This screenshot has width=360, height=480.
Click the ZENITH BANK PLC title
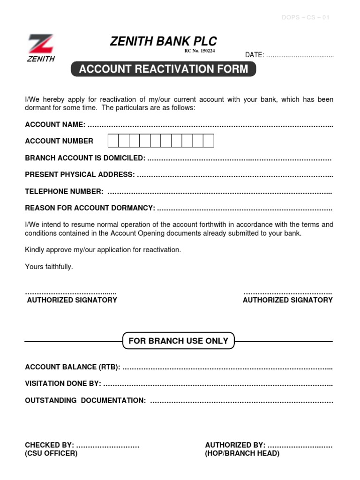pos(163,41)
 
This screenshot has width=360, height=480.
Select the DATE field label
pos(255,55)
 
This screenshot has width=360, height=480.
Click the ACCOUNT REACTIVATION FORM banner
pos(164,69)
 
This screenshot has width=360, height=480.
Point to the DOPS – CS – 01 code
pos(306,18)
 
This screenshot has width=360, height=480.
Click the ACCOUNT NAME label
pos(55,124)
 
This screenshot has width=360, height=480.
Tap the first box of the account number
pos(113,141)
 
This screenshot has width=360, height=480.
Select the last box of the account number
pos(209,141)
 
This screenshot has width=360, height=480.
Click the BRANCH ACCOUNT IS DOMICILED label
pos(85,158)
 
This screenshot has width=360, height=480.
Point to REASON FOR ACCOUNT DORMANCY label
pos(90,208)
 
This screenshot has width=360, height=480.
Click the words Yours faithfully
pos(49,267)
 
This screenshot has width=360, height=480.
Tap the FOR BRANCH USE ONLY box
pos(178,341)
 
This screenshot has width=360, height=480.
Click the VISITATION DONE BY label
pos(63,383)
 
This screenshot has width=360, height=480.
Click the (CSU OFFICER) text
pos(51,453)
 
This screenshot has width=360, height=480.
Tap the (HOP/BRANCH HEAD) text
pos(242,453)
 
